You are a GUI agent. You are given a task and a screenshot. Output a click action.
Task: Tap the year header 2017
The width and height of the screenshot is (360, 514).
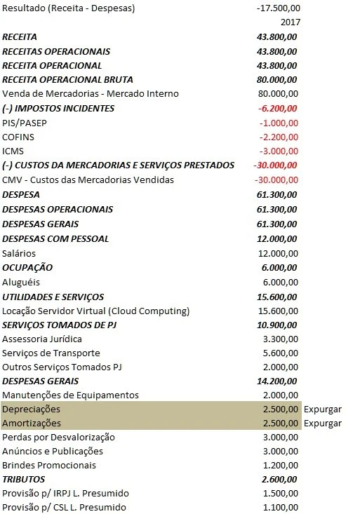[x=289, y=22]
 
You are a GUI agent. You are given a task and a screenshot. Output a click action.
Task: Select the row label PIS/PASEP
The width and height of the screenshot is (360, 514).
[x=25, y=123]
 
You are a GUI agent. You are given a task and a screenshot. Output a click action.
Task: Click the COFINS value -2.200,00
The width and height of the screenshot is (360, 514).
[x=279, y=137]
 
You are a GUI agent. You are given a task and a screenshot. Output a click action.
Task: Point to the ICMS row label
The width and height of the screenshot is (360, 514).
[x=13, y=151]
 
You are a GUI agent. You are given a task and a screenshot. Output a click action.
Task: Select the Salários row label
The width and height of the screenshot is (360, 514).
[x=19, y=253]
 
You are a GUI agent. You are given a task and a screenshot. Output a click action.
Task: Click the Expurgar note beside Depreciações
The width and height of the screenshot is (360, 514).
[x=323, y=409]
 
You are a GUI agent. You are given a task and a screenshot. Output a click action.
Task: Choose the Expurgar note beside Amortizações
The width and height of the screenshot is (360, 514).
[x=323, y=423]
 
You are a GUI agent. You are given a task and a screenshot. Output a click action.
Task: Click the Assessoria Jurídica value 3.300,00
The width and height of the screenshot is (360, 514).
[x=280, y=339]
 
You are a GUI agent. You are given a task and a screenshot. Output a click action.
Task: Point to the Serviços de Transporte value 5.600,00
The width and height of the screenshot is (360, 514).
[x=280, y=353]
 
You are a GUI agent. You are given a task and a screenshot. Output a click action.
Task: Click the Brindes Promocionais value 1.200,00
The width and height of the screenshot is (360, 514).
[x=280, y=466]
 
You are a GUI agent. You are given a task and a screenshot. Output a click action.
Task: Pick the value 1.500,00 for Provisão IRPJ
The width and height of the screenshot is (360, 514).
[x=280, y=494]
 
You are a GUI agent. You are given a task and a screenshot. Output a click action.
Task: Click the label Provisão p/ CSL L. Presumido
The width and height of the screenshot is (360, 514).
[x=65, y=508]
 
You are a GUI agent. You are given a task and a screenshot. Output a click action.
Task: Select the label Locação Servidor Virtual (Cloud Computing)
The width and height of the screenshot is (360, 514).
[x=96, y=311]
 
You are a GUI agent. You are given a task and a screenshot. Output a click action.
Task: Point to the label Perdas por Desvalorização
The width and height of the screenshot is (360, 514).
[x=59, y=437]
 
